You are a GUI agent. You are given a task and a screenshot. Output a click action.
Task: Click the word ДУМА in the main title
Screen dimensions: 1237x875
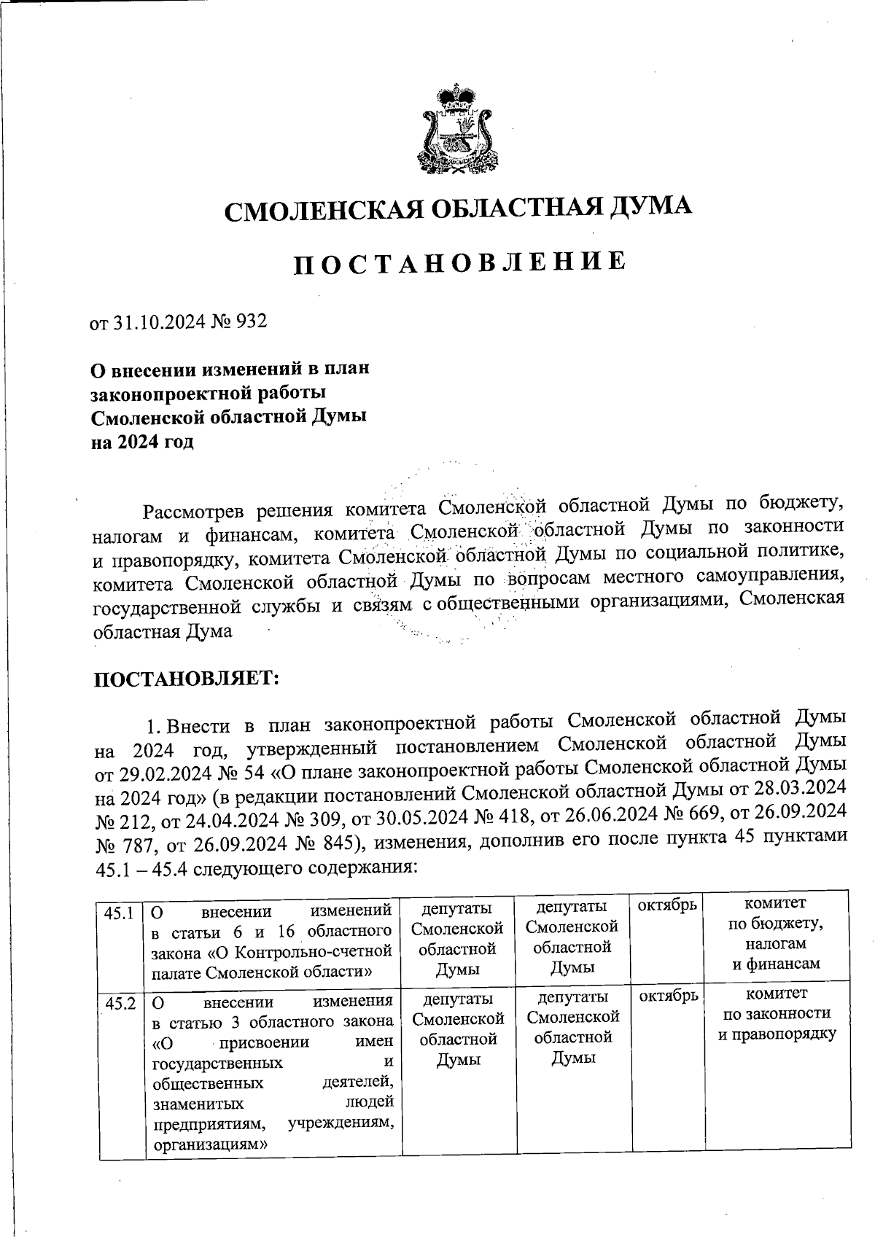point(650,208)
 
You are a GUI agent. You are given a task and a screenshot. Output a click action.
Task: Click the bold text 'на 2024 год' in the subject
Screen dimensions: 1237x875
point(142,442)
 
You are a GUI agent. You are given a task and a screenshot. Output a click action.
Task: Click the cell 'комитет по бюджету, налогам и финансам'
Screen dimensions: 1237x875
point(777,934)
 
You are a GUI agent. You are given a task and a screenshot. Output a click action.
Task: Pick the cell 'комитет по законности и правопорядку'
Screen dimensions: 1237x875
point(777,1014)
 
